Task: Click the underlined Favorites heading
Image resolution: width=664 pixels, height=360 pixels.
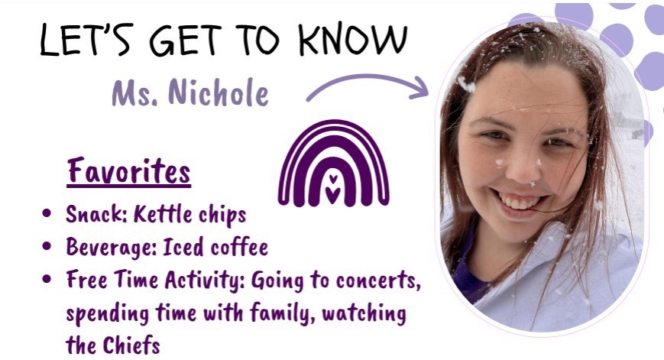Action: click(x=128, y=170)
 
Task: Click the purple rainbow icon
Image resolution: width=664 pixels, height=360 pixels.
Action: click(x=332, y=164)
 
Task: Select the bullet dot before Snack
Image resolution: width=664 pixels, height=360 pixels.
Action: click(x=48, y=216)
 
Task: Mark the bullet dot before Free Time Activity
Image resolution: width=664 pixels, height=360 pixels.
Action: click(x=48, y=281)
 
